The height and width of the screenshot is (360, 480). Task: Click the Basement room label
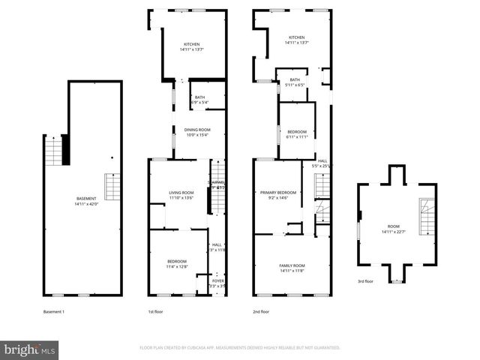pos(85,200)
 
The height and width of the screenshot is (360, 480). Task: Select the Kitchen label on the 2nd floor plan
pos(297,40)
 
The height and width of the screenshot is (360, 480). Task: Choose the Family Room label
pos(292,268)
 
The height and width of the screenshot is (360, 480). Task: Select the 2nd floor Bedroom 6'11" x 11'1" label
pos(297,134)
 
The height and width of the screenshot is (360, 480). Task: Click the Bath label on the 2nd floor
pos(295,82)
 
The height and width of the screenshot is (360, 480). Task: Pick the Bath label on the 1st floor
pos(199,100)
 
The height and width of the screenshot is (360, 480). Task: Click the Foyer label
pos(217,283)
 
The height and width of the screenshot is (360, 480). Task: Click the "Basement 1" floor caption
pos(54,311)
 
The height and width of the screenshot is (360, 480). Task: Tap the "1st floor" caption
pos(156,311)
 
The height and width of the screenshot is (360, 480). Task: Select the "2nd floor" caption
pos(261,311)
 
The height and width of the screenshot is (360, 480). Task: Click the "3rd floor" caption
pos(365,281)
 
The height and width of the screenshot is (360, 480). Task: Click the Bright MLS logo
pos(30,349)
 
